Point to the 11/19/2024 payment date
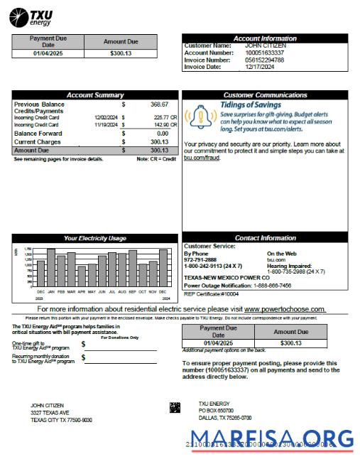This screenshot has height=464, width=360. pyautogui.click(x=106, y=124)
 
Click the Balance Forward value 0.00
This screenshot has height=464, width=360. pyautogui.click(x=162, y=133)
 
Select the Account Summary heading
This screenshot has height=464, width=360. pyautogui.click(x=94, y=95)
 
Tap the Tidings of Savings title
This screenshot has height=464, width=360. pyautogui.click(x=250, y=104)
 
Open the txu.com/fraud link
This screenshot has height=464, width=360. pyautogui.click(x=202, y=158)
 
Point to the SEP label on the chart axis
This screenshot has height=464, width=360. pyautogui.click(x=132, y=291)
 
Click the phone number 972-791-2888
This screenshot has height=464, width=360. pyautogui.click(x=200, y=259)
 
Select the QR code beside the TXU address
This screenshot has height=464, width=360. pyautogui.click(x=175, y=407)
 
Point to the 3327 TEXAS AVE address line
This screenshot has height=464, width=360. pyautogui.click(x=50, y=412)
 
